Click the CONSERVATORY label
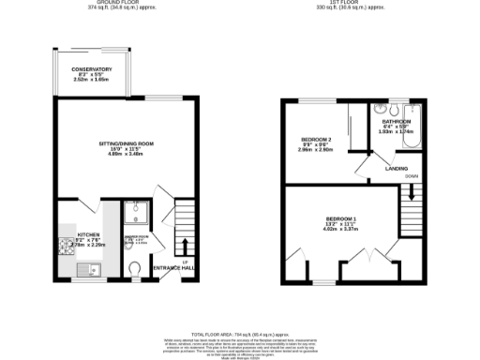pos(92,69)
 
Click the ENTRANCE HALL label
pos(173,269)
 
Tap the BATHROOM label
pos(390,121)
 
